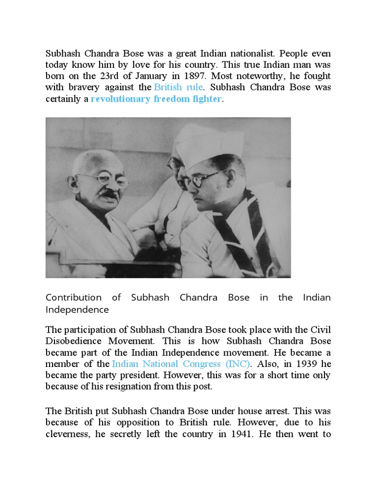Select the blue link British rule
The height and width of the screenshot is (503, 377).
(179, 87)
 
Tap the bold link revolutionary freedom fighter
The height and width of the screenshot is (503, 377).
(156, 99)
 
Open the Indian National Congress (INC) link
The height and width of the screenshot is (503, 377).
(181, 364)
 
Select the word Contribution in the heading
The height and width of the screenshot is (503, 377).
(74, 298)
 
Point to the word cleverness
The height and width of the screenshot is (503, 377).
(70, 434)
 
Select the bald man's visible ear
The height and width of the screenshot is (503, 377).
(73, 185)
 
